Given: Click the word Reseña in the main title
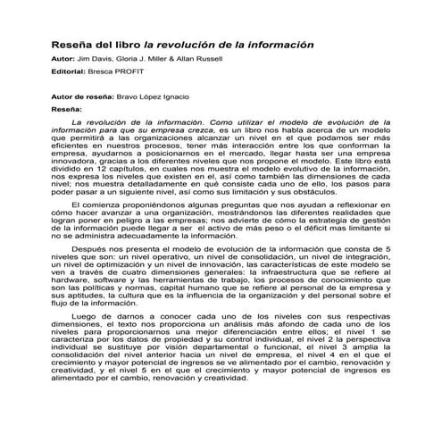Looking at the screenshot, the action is (73, 44).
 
